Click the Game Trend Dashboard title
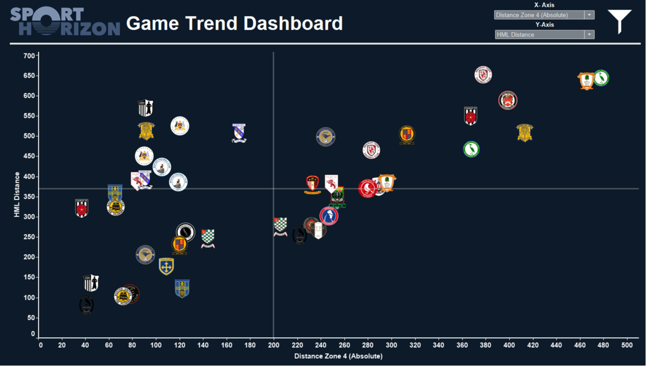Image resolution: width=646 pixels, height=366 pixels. pyautogui.click(x=234, y=23)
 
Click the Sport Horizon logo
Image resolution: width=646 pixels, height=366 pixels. pyautogui.click(x=65, y=21)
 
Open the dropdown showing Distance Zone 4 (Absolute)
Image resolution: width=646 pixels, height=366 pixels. pyautogui.click(x=544, y=15)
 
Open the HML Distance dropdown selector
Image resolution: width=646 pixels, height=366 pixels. pyautogui.click(x=544, y=35)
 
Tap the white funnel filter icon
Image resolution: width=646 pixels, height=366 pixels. pyautogui.click(x=620, y=21)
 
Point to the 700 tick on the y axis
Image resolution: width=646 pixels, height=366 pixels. pyautogui.click(x=29, y=56)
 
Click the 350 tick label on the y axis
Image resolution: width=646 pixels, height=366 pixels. pyautogui.click(x=29, y=197)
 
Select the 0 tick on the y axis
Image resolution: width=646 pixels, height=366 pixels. pyautogui.click(x=33, y=334)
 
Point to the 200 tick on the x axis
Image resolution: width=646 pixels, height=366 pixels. pyautogui.click(x=273, y=345)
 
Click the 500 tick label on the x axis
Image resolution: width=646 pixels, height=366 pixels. pyautogui.click(x=627, y=345)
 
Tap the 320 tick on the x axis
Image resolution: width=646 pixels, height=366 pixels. pyautogui.click(x=415, y=345)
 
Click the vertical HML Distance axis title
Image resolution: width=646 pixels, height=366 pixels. pyautogui.click(x=17, y=194)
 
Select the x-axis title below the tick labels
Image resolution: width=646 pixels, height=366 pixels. pyautogui.click(x=338, y=356)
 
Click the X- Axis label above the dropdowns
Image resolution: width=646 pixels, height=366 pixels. pyautogui.click(x=544, y=5)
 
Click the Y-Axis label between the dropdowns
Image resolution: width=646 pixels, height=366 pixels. pyautogui.click(x=544, y=25)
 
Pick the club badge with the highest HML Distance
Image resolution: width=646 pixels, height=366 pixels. pyautogui.click(x=483, y=74)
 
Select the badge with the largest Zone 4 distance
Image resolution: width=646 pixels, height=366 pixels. pyautogui.click(x=601, y=78)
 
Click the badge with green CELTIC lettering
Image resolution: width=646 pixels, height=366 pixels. pyautogui.click(x=337, y=197)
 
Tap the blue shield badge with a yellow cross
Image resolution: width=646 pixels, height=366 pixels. pyautogui.click(x=166, y=266)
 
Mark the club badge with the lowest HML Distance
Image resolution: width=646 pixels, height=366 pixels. pyautogui.click(x=87, y=305)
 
